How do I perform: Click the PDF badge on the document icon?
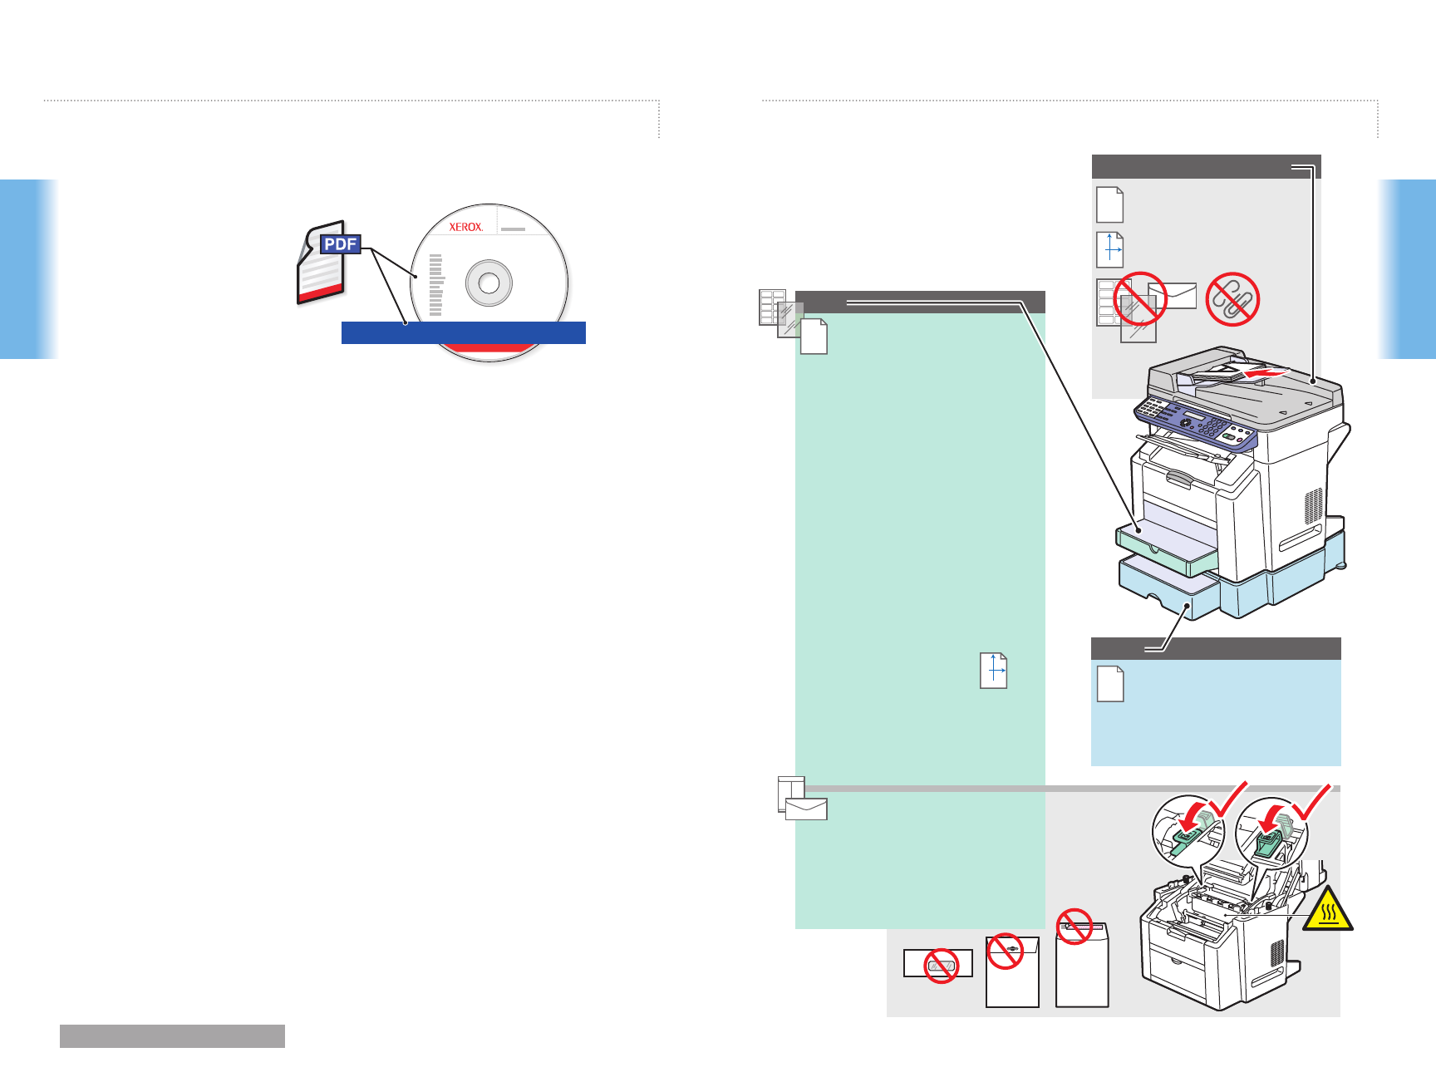(x=341, y=244)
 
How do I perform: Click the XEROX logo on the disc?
(x=465, y=227)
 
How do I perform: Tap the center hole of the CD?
(x=489, y=283)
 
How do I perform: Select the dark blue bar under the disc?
(x=464, y=332)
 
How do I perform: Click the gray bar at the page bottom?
(x=172, y=1035)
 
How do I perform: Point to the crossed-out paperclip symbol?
(x=1232, y=299)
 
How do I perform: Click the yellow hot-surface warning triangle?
(x=1328, y=909)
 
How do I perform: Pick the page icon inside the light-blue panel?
(x=1110, y=684)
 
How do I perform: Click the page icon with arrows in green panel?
(x=994, y=671)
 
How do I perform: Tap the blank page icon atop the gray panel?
(x=1110, y=204)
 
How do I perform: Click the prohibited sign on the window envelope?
(x=942, y=965)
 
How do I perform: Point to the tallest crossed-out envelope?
(x=1082, y=964)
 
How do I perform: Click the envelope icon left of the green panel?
(x=806, y=809)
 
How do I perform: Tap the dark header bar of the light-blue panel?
(x=1216, y=648)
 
